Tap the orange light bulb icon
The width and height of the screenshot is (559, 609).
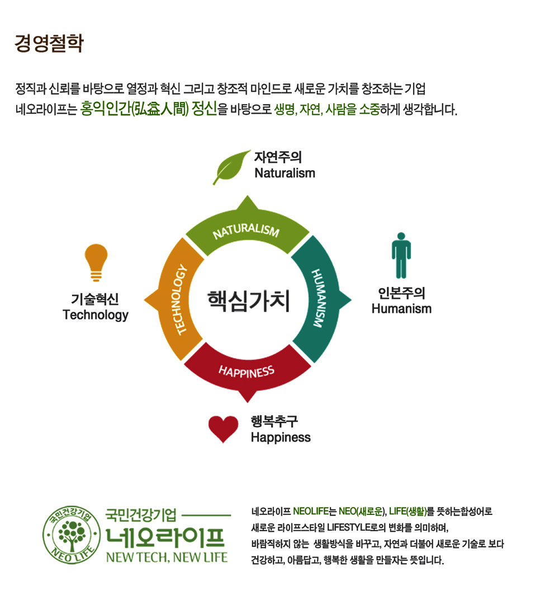[96, 262]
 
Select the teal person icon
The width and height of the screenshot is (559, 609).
[401, 258]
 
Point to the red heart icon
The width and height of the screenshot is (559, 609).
[223, 429]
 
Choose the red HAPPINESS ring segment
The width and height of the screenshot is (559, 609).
[247, 370]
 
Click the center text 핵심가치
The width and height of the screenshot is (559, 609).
[248, 301]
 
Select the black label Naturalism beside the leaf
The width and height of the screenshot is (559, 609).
[285, 173]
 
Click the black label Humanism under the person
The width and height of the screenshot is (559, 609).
[401, 308]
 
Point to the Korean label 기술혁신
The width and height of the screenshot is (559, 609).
[95, 299]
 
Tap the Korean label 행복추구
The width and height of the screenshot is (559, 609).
[274, 421]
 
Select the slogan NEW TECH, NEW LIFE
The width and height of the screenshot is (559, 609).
[167, 557]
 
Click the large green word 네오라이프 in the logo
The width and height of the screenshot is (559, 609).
[166, 536]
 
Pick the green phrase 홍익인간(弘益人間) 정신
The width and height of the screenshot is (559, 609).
[148, 108]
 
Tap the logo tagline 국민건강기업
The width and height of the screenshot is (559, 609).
[141, 514]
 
